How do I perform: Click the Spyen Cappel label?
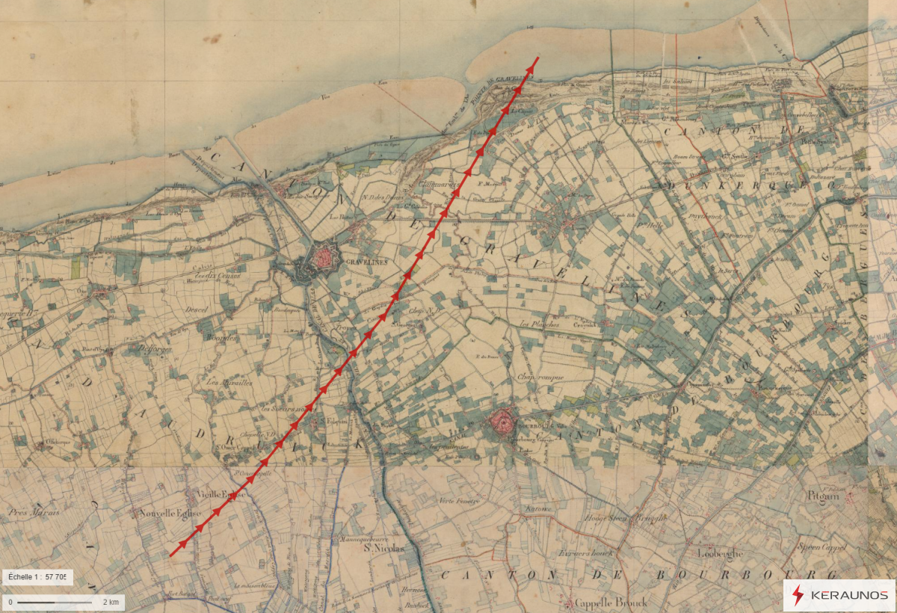[x=822, y=547]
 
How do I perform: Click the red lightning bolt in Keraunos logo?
[x=798, y=595]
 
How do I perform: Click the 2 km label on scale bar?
[x=110, y=602]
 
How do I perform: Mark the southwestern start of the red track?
[x=171, y=555]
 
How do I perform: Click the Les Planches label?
[x=535, y=324]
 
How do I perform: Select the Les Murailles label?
[x=230, y=382]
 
